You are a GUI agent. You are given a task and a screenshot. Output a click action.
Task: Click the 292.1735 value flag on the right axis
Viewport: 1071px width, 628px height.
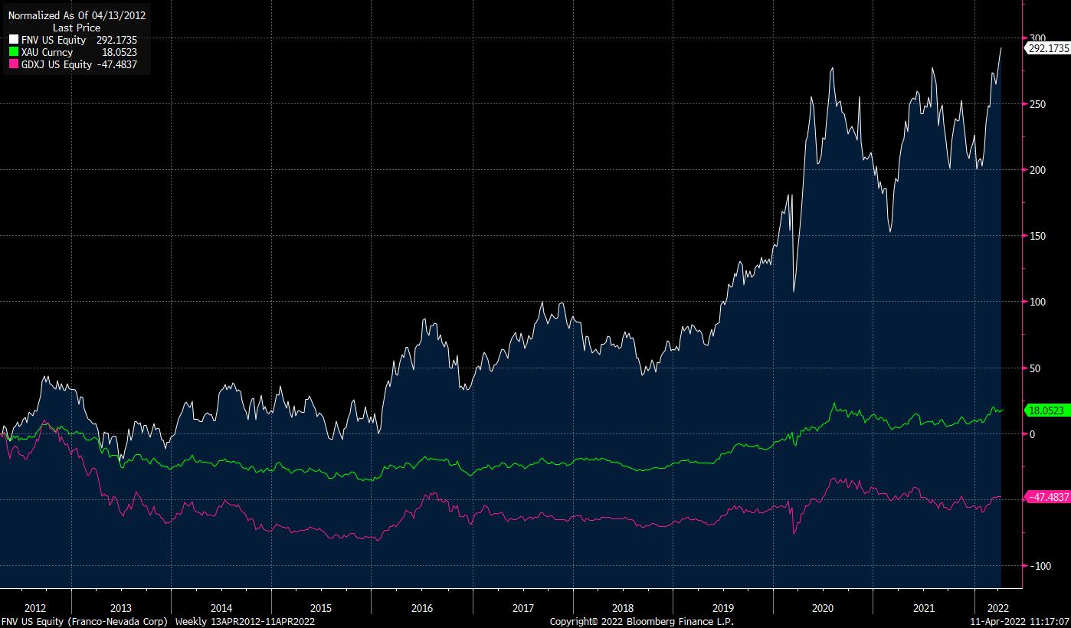1048,47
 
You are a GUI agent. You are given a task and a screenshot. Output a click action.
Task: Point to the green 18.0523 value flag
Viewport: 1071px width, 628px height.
1046,410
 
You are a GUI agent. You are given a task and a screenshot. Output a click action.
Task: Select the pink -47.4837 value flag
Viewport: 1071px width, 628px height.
1047,497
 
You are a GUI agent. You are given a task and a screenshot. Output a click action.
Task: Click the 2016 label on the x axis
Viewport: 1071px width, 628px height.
422,608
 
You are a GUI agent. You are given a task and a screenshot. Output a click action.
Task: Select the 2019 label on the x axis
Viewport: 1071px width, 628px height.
722,608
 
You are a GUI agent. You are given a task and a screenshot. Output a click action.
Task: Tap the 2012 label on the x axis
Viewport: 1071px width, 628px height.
35,608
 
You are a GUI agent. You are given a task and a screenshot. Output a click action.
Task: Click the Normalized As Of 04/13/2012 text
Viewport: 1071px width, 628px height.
77,15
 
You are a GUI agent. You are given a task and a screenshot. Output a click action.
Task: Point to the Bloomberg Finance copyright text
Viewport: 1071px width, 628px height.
641,622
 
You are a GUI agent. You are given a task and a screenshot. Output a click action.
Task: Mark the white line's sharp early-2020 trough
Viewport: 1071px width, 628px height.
794,291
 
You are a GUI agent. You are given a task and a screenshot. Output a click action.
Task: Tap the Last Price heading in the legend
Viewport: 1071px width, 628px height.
77,28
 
